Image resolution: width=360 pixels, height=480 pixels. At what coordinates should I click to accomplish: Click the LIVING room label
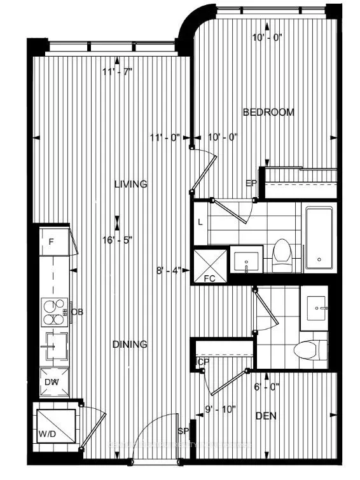pos(130,184)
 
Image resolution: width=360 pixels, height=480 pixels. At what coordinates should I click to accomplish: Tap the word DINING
pos(130,345)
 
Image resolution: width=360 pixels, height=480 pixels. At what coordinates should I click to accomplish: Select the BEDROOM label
pos(268,113)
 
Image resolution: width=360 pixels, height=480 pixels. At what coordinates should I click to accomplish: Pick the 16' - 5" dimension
pos(118,241)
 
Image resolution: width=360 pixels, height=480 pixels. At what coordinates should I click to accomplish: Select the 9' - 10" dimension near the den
pos(220,409)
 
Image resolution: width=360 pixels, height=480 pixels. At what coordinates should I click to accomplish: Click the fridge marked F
pos(52,242)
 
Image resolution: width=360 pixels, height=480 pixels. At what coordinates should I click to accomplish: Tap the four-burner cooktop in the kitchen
pos(54,312)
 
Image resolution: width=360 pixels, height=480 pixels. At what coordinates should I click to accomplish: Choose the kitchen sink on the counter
pos(55,346)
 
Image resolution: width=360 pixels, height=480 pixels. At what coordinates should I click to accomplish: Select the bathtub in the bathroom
pos(321,237)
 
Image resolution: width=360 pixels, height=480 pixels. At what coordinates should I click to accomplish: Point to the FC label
pos(209,278)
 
